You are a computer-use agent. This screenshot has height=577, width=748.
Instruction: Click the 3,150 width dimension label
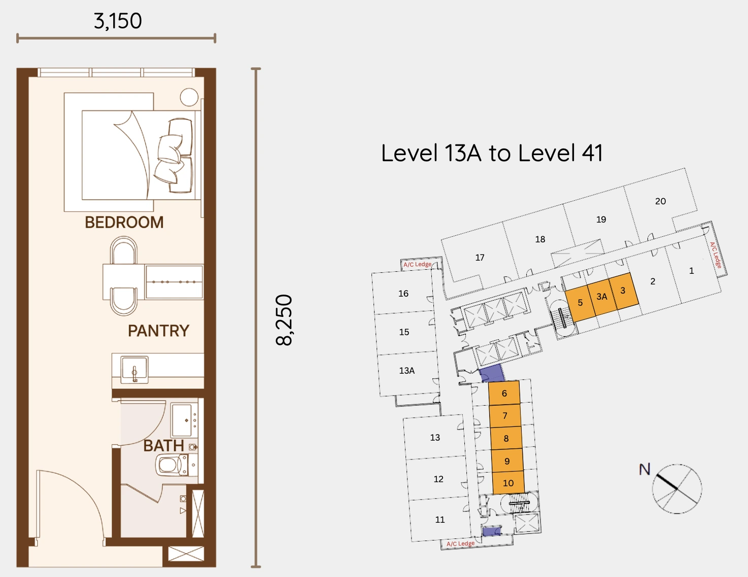pos(118,21)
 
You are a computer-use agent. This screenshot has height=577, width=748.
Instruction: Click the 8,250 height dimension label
pos(284,320)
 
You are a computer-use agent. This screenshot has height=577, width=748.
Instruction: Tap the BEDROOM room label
pos(124,223)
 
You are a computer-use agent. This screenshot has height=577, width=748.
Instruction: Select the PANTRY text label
pos(158,331)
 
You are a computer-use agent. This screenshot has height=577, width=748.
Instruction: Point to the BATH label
pos(163,446)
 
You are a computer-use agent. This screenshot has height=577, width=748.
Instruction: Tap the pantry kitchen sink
pos(134,369)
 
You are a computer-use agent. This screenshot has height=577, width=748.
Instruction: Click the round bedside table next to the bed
pos(189,97)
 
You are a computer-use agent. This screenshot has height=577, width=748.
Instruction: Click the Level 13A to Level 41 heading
pos(492,153)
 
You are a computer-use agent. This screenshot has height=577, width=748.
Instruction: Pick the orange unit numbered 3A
pos(602,297)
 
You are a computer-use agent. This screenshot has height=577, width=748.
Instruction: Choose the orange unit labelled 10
pos(508,483)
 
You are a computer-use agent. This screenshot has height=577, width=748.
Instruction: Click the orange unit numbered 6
pos(504,393)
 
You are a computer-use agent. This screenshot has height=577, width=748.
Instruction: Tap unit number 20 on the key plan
pos(660,201)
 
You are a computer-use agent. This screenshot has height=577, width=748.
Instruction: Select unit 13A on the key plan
pos(406,371)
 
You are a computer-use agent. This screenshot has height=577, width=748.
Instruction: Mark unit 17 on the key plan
pos(480,258)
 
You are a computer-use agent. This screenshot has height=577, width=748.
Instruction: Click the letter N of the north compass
pos(644,469)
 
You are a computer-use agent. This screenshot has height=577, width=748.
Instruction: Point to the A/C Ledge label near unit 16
pos(417,264)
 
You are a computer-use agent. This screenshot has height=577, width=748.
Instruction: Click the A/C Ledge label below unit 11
pos(460,544)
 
